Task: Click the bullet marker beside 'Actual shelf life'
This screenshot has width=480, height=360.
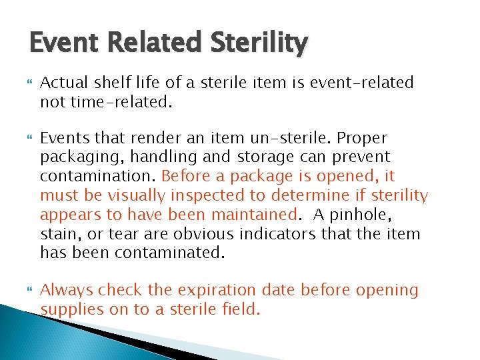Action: (28, 83)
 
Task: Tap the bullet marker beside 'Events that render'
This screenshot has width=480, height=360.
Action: (28, 138)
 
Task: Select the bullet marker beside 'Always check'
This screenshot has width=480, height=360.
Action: (28, 290)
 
